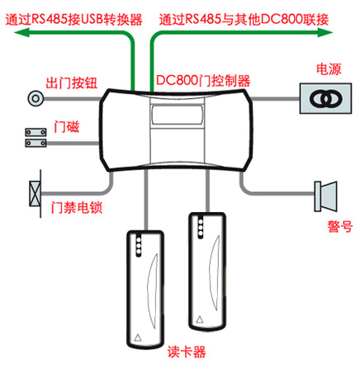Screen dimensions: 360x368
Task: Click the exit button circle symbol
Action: click(x=36, y=98)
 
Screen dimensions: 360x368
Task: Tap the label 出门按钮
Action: click(x=72, y=83)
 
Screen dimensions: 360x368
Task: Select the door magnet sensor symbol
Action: click(x=36, y=138)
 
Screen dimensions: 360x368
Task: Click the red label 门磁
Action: click(x=67, y=127)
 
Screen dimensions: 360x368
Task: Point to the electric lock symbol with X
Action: click(x=36, y=193)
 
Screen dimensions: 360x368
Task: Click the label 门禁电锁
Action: click(x=77, y=207)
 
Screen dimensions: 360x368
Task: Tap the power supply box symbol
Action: click(x=325, y=98)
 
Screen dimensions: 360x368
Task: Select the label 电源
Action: click(x=329, y=68)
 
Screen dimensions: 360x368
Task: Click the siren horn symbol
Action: click(x=326, y=196)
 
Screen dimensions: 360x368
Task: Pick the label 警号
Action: click(x=340, y=227)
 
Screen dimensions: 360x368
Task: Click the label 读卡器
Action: click(x=187, y=351)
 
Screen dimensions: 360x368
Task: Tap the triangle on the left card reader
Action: click(x=138, y=337)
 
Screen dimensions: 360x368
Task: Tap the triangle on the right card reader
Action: click(x=200, y=319)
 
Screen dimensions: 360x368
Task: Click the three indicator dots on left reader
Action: click(x=139, y=245)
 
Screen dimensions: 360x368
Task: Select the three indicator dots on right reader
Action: click(x=201, y=227)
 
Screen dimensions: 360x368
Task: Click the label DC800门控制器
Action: click(x=203, y=81)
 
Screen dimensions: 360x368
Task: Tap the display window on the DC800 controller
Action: click(x=177, y=115)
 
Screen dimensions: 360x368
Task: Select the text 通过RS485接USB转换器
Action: click(x=73, y=20)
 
